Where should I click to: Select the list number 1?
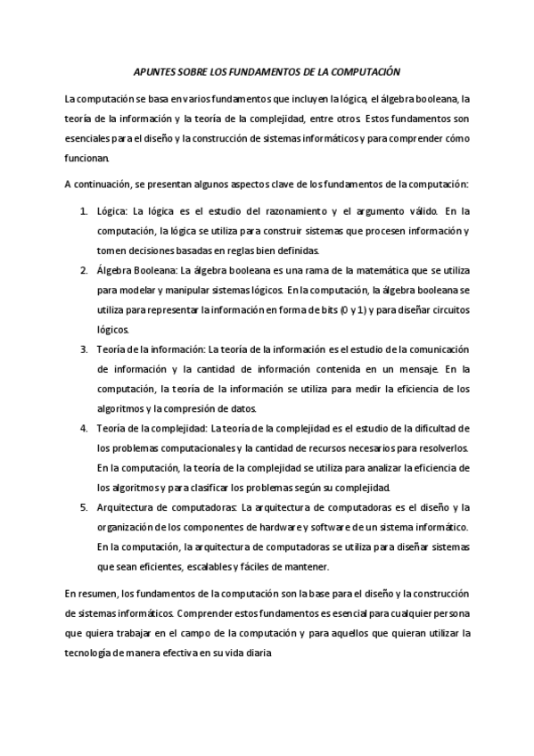[84, 211]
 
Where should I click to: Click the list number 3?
[84, 349]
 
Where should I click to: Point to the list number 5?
[84, 507]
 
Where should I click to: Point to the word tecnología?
[91, 653]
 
